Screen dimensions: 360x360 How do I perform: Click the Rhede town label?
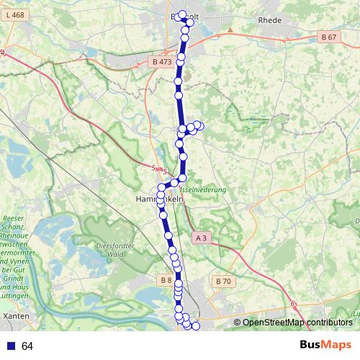(x=269, y=20)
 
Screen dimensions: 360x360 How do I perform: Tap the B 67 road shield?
(x=329, y=37)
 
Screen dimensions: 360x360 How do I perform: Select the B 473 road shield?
(x=162, y=62)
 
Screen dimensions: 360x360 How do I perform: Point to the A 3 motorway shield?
(x=202, y=238)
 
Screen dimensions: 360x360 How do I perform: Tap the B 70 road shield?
(x=222, y=281)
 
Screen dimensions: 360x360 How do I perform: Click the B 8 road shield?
(x=165, y=280)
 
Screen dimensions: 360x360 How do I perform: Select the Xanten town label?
(x=16, y=315)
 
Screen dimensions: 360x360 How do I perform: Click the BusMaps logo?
(x=326, y=346)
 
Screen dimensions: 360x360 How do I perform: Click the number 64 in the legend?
(x=27, y=346)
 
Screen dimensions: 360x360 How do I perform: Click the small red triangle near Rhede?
(x=230, y=30)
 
